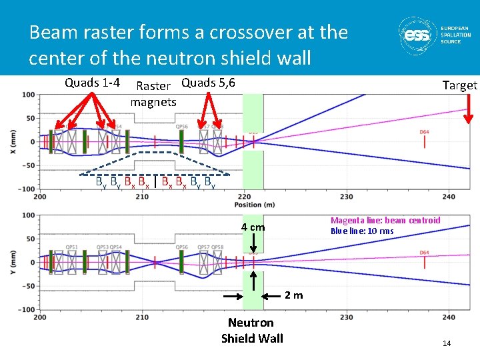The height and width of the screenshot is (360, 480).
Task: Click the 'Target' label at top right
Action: (460, 85)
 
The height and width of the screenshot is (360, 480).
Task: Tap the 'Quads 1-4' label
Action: (92, 83)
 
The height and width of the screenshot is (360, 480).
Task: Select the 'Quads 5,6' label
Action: (207, 83)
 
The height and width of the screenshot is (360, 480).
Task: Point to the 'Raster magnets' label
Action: (153, 94)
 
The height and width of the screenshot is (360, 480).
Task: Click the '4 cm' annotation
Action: (253, 227)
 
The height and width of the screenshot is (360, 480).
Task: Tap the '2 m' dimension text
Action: (294, 295)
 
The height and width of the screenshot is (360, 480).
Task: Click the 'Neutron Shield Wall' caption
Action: (252, 331)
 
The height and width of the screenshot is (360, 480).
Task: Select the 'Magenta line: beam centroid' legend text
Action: (385, 221)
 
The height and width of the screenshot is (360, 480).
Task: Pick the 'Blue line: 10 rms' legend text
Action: (362, 231)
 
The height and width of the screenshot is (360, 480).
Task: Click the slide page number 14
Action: (447, 343)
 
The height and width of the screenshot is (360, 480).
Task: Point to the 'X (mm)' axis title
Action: (13, 141)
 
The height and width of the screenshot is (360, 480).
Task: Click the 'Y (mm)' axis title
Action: (13, 261)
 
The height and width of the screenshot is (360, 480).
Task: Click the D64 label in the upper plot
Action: (425, 132)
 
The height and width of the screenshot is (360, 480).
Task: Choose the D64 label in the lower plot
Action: (425, 253)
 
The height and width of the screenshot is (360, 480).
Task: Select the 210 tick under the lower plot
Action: (142, 317)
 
